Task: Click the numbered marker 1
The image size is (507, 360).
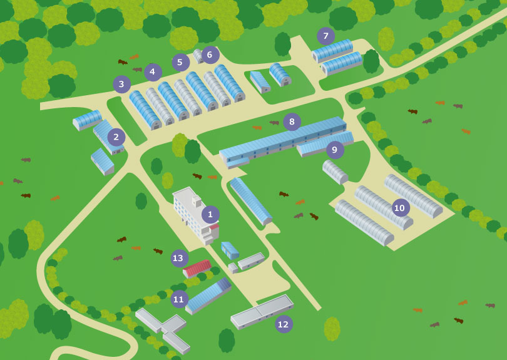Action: (210, 215)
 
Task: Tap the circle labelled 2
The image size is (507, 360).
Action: (116, 137)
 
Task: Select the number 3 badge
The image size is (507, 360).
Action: (121, 84)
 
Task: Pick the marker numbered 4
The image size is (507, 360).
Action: (153, 72)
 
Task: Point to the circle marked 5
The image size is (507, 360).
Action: (181, 63)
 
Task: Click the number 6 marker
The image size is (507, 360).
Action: (210, 55)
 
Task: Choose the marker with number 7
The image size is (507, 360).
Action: (325, 36)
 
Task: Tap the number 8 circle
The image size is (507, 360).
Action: (292, 121)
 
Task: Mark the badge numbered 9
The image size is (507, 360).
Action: (335, 150)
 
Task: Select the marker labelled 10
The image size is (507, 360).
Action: (401, 208)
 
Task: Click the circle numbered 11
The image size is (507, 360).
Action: (180, 299)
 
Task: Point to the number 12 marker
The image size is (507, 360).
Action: (284, 324)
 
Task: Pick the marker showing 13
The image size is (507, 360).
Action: (180, 258)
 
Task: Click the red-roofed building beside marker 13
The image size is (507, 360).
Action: (197, 268)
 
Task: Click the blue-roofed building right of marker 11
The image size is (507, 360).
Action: (208, 296)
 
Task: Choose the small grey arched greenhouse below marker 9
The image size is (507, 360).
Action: (335, 172)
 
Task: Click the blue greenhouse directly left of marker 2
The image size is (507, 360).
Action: (87, 119)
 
